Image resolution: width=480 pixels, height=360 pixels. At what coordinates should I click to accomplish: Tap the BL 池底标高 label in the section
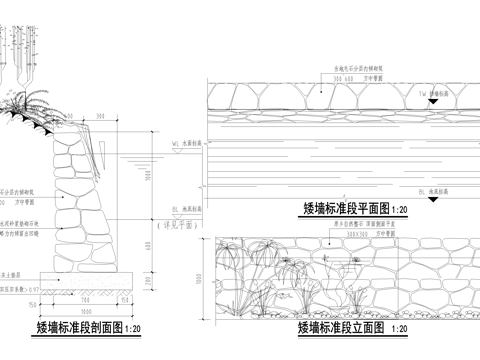tap(185, 208)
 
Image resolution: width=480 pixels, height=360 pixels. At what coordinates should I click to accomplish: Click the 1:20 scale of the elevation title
tap(400, 328)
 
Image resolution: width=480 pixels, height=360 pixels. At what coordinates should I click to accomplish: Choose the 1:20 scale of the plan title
tap(400, 211)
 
